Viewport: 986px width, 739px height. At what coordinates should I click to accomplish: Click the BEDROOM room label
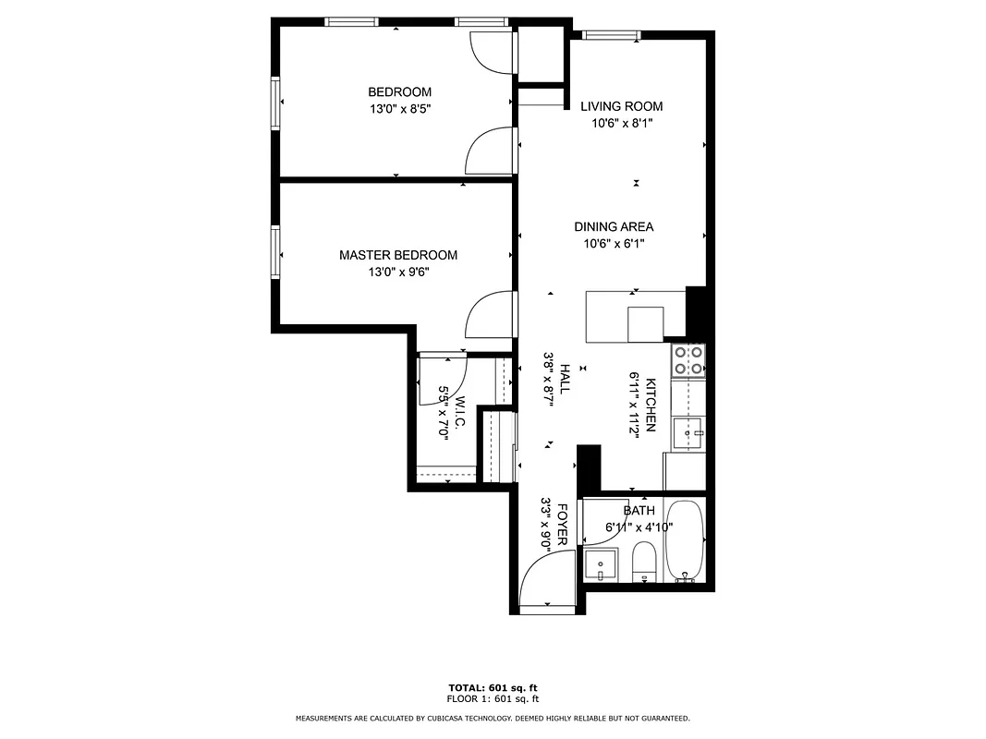coord(399,92)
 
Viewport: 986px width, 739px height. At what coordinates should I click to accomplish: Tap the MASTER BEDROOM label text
coord(397,256)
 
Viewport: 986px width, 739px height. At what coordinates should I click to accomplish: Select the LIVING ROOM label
coord(621,106)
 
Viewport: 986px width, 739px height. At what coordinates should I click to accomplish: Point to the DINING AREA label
coord(614,227)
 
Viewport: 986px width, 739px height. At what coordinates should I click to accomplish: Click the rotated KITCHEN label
coord(651,406)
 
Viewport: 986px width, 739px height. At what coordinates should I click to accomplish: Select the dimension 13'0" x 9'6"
coord(399,273)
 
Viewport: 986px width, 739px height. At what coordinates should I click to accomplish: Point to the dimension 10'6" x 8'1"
coord(621,123)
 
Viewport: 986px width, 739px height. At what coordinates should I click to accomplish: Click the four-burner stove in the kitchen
coord(688,359)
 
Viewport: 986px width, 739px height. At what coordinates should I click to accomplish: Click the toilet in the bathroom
coord(644,562)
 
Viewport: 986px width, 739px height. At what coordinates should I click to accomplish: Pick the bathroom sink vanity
coord(602,563)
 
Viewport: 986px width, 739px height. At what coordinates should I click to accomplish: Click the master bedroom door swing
coord(490,314)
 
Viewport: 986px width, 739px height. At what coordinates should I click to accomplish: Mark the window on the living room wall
coord(611,36)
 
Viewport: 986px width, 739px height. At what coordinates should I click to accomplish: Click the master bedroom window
coord(275,250)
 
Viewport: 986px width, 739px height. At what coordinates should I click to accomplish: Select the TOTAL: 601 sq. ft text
coord(493,688)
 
